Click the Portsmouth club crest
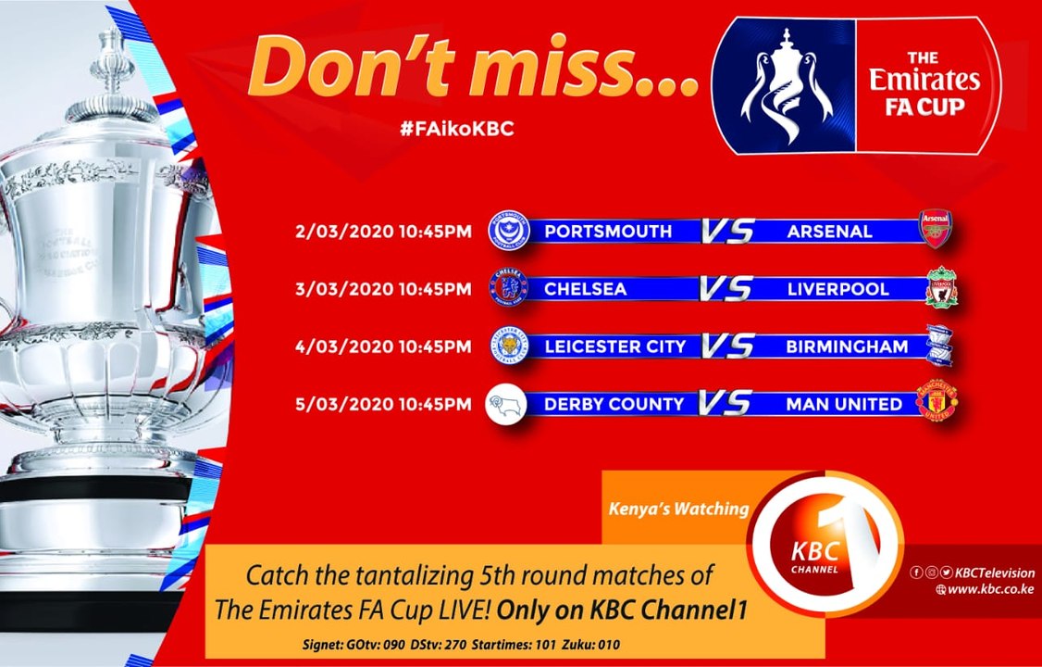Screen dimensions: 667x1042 (508, 231)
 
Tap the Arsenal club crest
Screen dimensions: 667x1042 (934, 229)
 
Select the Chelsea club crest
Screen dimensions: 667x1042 (508, 288)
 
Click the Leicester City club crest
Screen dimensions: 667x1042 (508, 346)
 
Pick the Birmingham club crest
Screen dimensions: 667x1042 (941, 346)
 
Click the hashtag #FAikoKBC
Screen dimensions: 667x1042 (456, 129)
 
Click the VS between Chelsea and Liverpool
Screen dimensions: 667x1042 (726, 289)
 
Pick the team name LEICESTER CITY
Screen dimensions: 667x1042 (615, 346)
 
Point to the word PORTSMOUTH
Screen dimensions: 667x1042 (608, 232)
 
